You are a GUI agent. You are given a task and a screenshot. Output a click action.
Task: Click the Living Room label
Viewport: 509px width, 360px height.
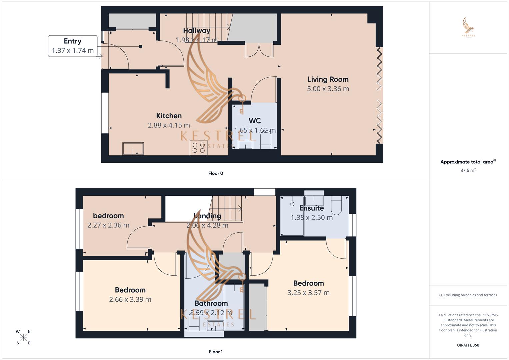click(328, 79)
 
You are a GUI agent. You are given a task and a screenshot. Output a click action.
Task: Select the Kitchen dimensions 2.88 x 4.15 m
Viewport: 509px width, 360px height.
click(169, 125)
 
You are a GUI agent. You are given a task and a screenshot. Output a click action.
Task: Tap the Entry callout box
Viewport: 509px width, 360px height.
click(73, 46)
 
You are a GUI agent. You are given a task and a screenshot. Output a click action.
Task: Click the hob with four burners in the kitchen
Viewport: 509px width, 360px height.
click(198, 147)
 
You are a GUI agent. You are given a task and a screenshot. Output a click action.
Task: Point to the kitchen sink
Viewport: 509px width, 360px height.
click(133, 149)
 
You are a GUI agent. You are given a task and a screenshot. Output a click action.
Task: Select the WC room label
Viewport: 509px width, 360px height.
click(255, 121)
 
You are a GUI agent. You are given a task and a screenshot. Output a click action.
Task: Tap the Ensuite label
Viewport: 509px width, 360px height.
click(312, 208)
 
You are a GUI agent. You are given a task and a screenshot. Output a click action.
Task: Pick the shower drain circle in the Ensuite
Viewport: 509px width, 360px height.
click(292, 204)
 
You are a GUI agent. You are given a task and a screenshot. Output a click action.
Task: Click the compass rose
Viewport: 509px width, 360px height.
click(23, 337)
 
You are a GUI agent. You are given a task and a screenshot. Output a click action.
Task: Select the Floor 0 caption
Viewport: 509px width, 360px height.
click(216, 173)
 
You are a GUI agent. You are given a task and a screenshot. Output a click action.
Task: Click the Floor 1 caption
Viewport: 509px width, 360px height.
click(216, 352)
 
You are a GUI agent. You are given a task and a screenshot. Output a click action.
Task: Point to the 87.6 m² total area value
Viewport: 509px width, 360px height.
click(468, 170)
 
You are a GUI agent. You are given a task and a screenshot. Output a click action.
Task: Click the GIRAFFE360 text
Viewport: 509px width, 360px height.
click(468, 345)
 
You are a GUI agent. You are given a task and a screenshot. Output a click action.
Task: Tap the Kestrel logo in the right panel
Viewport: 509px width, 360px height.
click(468, 27)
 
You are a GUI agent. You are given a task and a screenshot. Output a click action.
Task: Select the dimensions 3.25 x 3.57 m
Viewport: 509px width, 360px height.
click(308, 293)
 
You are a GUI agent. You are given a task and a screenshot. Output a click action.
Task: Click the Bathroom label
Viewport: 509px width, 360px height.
click(211, 303)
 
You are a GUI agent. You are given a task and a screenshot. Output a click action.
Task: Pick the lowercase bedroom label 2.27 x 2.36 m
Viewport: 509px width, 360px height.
click(108, 216)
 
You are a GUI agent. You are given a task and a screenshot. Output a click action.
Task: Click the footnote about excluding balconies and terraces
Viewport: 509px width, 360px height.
click(468, 295)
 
